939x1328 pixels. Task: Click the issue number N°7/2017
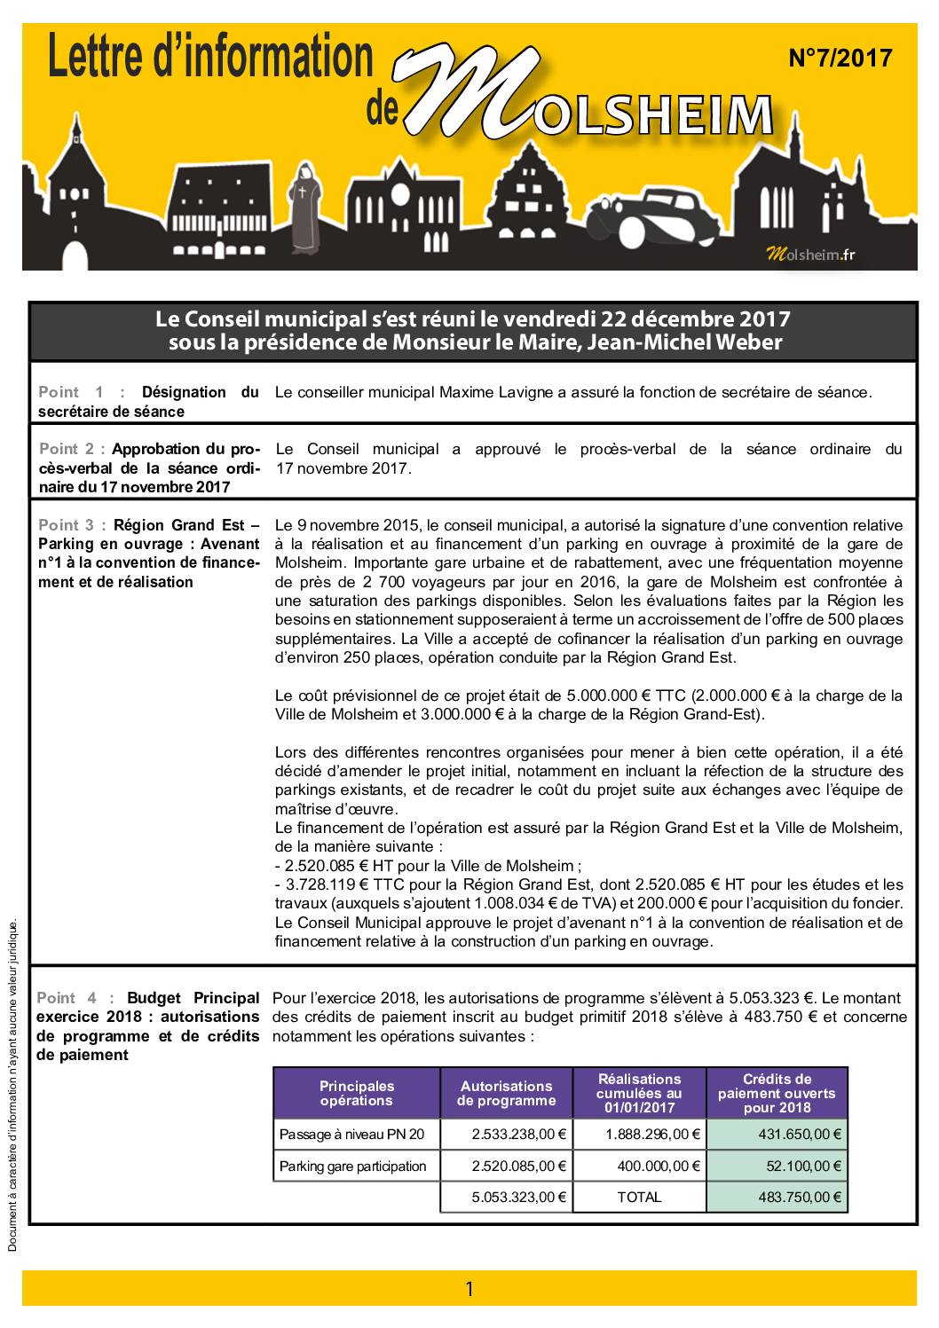click(840, 59)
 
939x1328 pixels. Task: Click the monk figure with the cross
click(307, 207)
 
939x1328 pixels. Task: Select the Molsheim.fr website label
click(809, 255)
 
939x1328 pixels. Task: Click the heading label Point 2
click(72, 449)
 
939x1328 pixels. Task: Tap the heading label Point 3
click(72, 524)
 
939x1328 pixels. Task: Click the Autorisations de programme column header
click(506, 1093)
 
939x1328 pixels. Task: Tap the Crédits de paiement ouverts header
click(777, 1093)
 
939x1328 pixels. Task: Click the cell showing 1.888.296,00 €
click(652, 1134)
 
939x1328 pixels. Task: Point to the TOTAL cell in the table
click(639, 1197)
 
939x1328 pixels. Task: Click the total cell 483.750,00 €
click(799, 1197)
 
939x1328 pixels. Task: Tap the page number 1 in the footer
click(469, 1289)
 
